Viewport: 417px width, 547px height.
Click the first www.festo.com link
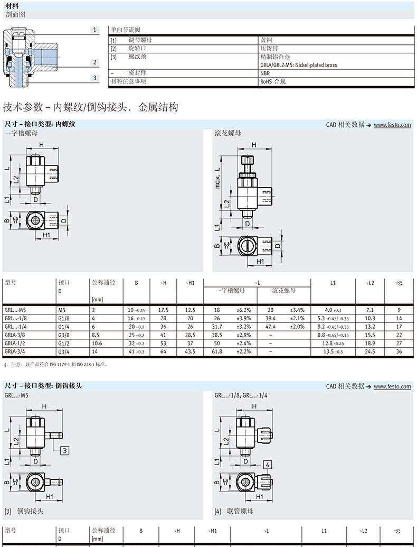(x=392, y=125)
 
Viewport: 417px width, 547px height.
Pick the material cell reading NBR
(x=264, y=74)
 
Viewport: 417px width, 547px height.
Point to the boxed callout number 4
(x=268, y=465)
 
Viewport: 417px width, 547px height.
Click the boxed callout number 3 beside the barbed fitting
(x=64, y=450)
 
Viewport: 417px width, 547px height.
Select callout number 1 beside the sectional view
(x=95, y=30)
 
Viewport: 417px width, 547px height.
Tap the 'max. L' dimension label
(x=217, y=179)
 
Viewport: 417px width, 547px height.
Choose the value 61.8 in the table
(x=217, y=351)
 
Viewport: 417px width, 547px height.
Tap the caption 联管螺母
(x=240, y=511)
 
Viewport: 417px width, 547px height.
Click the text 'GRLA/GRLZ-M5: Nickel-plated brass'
(x=298, y=65)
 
